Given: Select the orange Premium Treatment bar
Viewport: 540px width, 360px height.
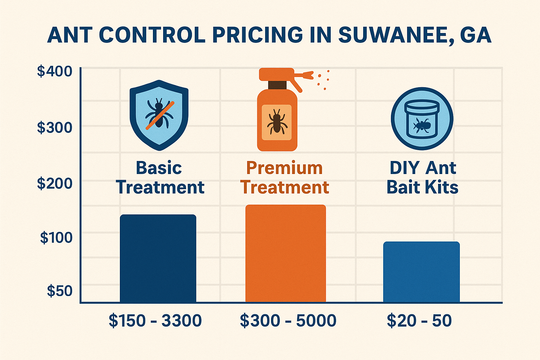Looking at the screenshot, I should (x=285, y=253).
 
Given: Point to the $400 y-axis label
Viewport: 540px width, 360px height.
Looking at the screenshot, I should (x=55, y=71).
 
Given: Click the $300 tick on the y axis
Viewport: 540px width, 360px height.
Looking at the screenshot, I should (x=55, y=127).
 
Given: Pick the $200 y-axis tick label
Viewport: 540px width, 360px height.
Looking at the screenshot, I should (x=55, y=183).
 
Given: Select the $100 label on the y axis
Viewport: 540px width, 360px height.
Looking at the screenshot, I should (x=56, y=238).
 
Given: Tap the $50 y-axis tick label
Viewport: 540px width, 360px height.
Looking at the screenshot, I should (x=60, y=291).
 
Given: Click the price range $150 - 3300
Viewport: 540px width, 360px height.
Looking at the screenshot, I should (x=155, y=321).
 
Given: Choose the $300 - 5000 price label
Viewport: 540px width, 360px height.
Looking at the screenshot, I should (x=288, y=321).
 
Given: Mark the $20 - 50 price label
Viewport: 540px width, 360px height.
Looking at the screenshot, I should (x=419, y=321).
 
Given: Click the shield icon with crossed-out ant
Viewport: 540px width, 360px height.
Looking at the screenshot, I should (x=159, y=115).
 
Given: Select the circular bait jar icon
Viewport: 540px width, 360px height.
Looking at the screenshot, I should (x=422, y=119).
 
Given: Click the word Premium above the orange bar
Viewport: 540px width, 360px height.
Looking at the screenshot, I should (x=284, y=168).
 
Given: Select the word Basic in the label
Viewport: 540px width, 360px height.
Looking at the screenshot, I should (x=159, y=168).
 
